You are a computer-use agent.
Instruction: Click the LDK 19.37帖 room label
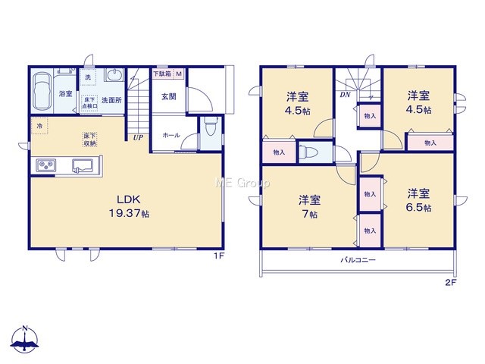click(129, 206)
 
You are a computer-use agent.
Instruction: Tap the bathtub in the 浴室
click(42, 91)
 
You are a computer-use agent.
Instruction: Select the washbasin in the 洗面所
click(114, 75)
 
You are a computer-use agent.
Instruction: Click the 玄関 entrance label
click(169, 96)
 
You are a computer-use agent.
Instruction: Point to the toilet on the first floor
click(211, 127)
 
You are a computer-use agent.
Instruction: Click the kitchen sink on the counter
click(83, 165)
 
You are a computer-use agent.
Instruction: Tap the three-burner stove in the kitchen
click(46, 165)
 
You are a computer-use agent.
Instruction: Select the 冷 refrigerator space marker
click(39, 126)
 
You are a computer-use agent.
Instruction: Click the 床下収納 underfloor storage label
click(89, 140)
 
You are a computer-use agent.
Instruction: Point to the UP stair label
click(138, 137)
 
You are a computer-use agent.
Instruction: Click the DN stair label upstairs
click(345, 95)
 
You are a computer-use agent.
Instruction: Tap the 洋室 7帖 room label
click(309, 207)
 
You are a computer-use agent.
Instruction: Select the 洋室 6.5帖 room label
click(418, 200)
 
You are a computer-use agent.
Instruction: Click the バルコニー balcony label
click(358, 259)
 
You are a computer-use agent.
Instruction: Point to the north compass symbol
click(25, 339)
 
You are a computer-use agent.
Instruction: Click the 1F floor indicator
click(218, 256)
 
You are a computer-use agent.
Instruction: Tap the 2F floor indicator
click(451, 282)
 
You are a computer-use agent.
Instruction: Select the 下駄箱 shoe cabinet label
click(163, 74)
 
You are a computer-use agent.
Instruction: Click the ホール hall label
click(171, 135)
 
